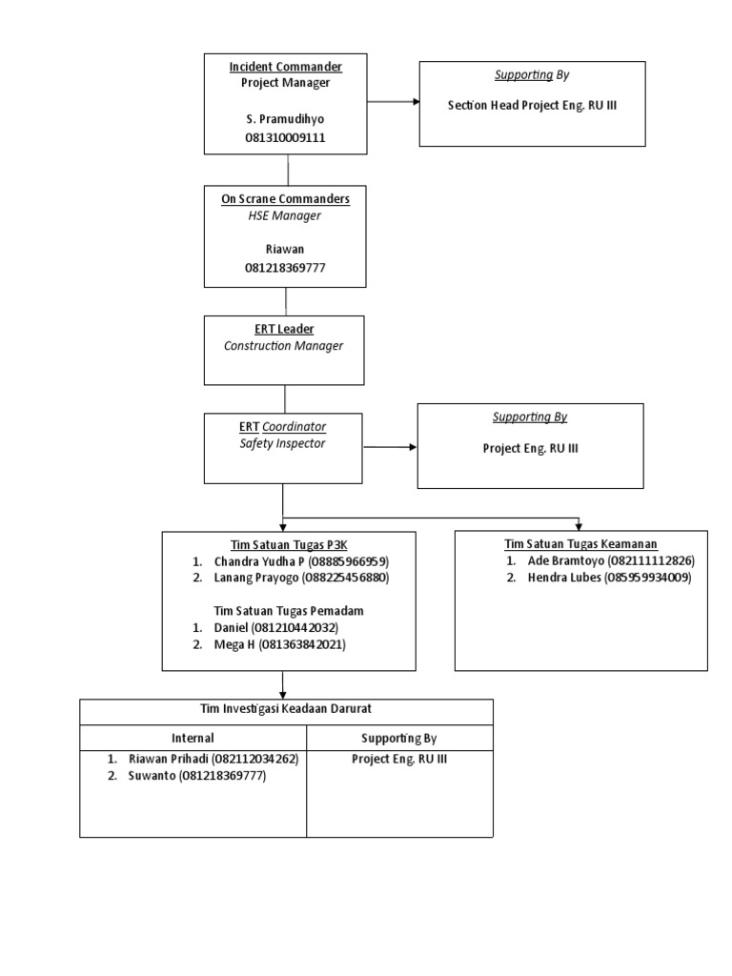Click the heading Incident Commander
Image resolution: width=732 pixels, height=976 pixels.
pos(285,67)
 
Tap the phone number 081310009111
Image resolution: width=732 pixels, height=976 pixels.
pos(285,138)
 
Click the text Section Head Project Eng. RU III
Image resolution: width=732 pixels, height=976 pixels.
pos(532,106)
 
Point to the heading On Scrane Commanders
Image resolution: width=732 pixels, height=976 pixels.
pos(285,198)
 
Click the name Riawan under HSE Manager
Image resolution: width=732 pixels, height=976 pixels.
pos(285,250)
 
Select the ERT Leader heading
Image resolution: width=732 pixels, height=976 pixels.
pos(284,329)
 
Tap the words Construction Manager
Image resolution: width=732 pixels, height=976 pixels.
pos(284,346)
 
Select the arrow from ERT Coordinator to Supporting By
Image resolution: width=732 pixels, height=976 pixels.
pos(390,446)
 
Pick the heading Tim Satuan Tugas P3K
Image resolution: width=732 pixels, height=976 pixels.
pos(289,544)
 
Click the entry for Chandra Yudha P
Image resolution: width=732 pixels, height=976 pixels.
pos(301,561)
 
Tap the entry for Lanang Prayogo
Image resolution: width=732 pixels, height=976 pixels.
pos(301,578)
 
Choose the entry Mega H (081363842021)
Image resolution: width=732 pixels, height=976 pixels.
pos(279,645)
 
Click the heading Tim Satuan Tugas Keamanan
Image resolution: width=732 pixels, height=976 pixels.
pos(580,544)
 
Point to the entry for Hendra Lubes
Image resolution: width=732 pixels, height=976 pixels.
pos(608,578)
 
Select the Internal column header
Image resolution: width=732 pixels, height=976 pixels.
pos(193,738)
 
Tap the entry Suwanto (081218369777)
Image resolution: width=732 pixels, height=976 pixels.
pos(196,776)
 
